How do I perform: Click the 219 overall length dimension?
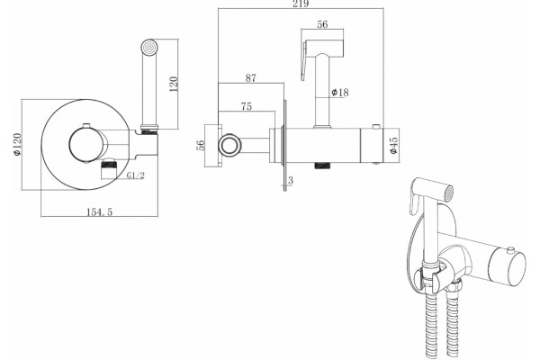point(301,4)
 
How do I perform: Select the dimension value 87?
point(251,78)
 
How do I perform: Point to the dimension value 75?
point(247,106)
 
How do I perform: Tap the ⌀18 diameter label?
point(340,93)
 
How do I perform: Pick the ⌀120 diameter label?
point(17,144)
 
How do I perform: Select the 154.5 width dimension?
point(99,211)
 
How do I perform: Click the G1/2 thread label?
point(136,175)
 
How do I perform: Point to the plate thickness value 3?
point(291,180)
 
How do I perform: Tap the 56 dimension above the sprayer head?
point(322,24)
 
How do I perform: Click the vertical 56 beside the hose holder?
point(201,145)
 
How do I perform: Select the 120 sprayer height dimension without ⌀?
point(174,84)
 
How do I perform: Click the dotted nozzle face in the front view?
point(149,47)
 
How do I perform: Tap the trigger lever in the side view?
point(304,60)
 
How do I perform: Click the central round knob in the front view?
point(85,144)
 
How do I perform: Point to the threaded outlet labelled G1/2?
point(109,169)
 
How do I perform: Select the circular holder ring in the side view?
point(229,145)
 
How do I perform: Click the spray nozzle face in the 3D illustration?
point(448,193)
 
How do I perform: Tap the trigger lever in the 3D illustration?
point(413,202)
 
